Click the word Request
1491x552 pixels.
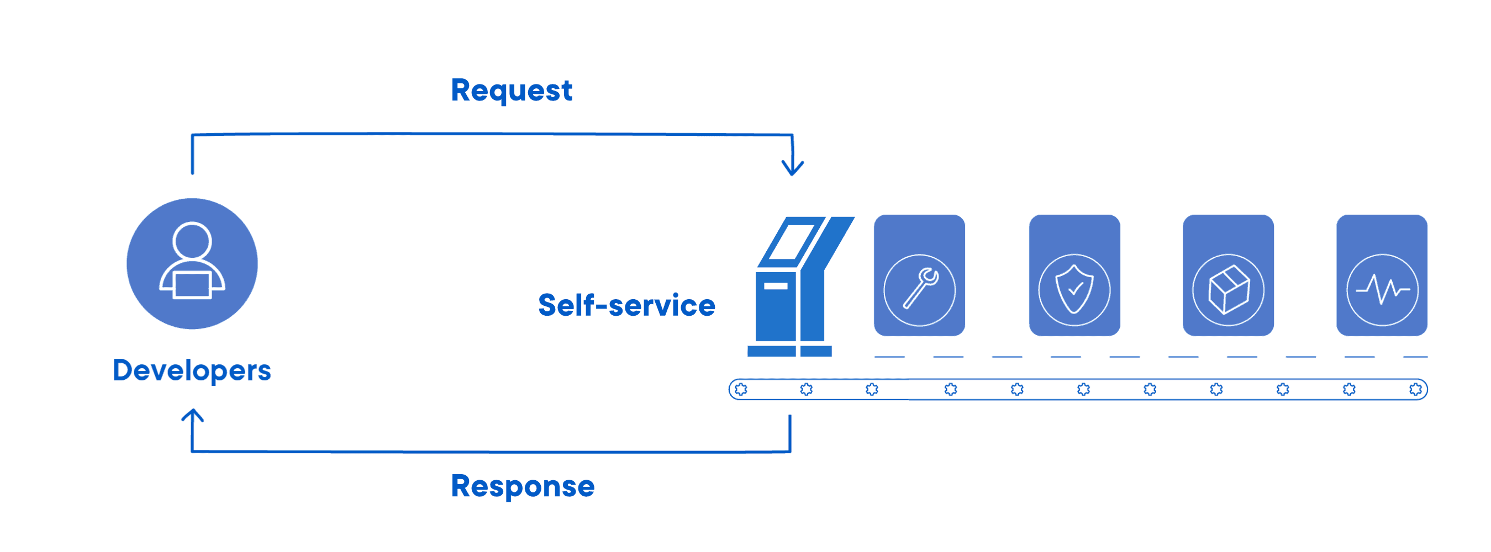(511, 91)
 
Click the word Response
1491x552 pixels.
(522, 486)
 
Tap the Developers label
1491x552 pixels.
(192, 370)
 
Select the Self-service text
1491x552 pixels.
(626, 305)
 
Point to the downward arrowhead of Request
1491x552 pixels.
(792, 169)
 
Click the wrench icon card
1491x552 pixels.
(919, 275)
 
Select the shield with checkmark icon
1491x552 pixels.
(1074, 289)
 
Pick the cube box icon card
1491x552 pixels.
(1227, 275)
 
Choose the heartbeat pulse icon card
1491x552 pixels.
(1382, 275)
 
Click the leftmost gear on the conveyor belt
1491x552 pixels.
(741, 389)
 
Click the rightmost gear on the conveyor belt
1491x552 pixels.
(1415, 389)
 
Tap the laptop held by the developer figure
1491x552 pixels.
(192, 285)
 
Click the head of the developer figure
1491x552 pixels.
(192, 240)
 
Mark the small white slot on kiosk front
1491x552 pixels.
(775, 286)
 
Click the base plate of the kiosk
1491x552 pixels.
(789, 351)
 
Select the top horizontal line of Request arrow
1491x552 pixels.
(492, 134)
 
